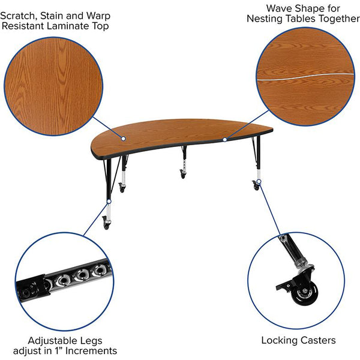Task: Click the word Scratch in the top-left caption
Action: (x=19, y=16)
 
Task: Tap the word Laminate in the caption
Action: (x=68, y=26)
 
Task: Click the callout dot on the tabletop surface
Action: (x=123, y=139)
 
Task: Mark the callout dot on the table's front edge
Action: (x=225, y=139)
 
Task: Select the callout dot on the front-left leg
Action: (x=109, y=202)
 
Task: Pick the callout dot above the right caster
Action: (x=259, y=182)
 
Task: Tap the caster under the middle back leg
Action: (x=183, y=174)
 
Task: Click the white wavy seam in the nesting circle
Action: (x=305, y=77)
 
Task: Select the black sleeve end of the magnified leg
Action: (x=33, y=287)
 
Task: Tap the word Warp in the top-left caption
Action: (x=98, y=16)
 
